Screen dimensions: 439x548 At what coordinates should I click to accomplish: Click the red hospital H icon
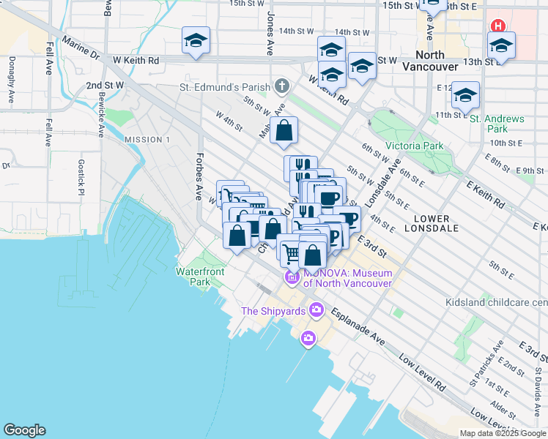coord(498,25)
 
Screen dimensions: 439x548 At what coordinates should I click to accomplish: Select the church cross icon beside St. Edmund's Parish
coord(281,86)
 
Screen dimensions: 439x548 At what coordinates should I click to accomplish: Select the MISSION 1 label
coord(147,140)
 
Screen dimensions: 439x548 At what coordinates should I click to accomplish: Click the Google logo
coord(24,430)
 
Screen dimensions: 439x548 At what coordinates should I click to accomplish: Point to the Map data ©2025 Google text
coord(502,433)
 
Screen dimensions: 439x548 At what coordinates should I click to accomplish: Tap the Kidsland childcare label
coord(496,302)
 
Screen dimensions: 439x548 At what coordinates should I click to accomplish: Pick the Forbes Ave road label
coord(198,176)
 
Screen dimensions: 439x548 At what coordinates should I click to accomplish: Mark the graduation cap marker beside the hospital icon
coord(501,45)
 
